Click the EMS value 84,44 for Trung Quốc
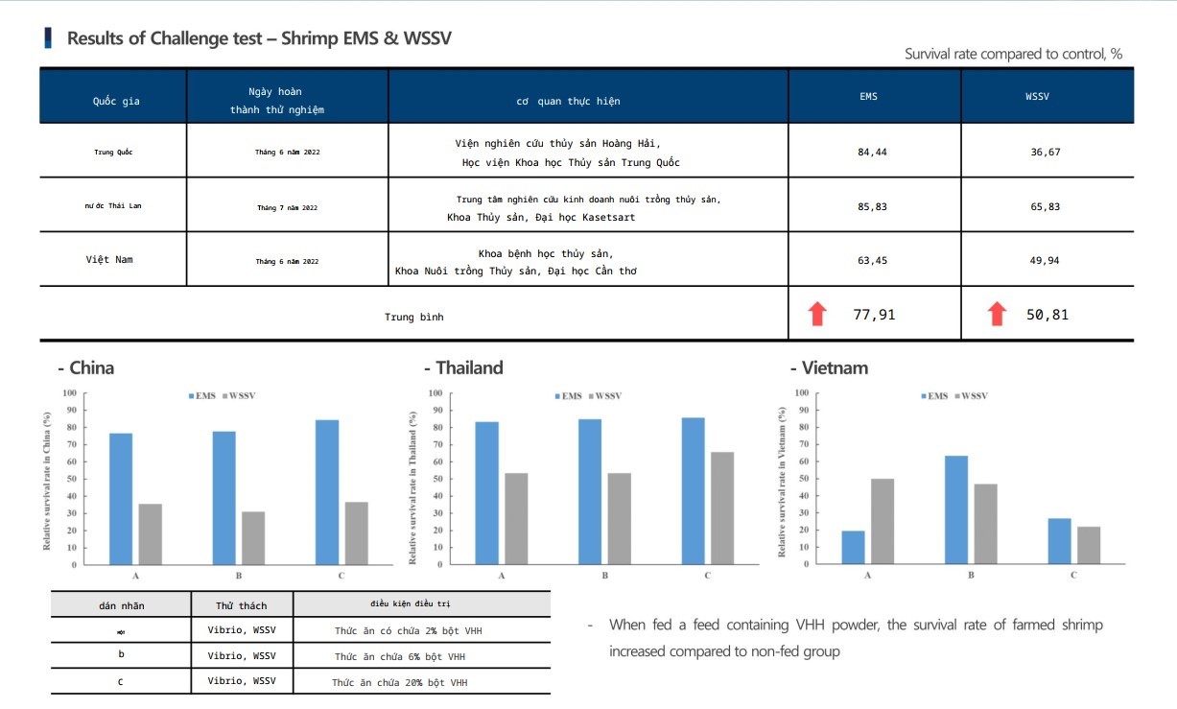coord(874,152)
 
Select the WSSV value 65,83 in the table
coord(1045,206)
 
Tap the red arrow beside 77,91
coord(817,314)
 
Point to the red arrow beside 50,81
coord(998,314)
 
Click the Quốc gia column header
coord(116,101)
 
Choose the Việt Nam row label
coord(109,259)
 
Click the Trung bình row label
coord(414,316)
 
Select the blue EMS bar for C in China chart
coord(327,492)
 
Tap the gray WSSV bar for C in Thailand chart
coord(722,508)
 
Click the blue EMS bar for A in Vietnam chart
coord(853,547)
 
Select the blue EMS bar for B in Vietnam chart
coord(956,509)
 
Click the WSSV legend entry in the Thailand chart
coord(605,396)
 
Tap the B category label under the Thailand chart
coord(604,576)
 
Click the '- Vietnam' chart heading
coord(829,367)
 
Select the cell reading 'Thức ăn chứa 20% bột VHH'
coord(400,682)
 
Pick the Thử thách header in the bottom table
coord(242,605)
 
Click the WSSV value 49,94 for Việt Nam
coord(1045,260)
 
